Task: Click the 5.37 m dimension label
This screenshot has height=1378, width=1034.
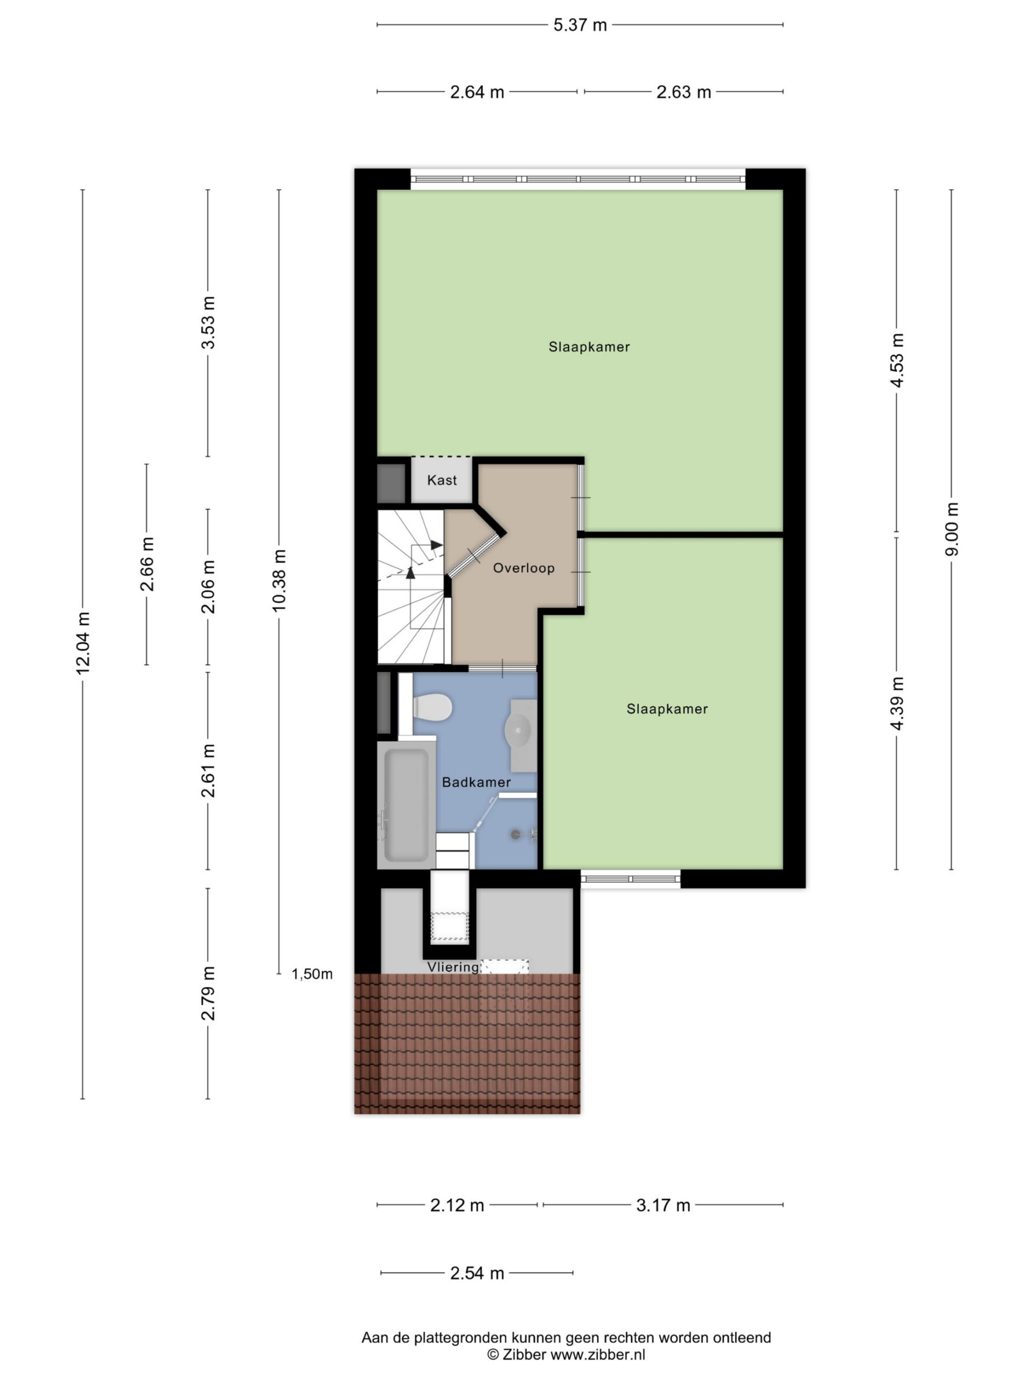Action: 579,25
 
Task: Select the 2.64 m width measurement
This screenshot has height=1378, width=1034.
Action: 477,92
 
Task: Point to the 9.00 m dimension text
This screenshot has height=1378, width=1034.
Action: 951,529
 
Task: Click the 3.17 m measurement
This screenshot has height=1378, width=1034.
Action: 663,1205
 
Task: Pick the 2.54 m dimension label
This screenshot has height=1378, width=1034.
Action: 477,1274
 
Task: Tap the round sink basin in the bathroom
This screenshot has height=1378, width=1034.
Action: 518,728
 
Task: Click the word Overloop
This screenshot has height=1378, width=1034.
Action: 523,568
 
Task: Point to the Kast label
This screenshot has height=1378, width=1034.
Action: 442,480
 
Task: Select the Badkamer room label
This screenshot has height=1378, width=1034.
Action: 476,783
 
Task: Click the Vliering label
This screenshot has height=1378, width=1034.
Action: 453,967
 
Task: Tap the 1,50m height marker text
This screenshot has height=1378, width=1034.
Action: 312,974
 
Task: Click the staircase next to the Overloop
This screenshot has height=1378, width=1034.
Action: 411,587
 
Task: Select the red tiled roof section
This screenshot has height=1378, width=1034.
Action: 467,1044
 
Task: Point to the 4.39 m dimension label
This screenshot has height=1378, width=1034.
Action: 897,704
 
